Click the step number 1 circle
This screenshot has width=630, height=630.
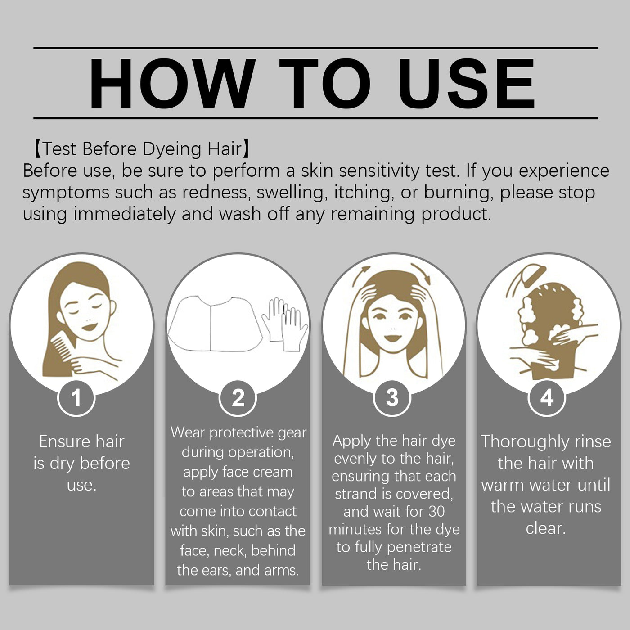tap(76, 398)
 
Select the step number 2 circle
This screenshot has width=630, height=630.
tap(238, 398)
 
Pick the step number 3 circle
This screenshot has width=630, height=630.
tap(392, 398)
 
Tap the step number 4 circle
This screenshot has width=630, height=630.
tap(546, 398)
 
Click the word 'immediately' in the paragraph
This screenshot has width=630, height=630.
tap(125, 214)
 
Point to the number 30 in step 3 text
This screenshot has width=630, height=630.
tap(436, 512)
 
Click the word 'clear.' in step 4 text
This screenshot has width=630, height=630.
tap(545, 528)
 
